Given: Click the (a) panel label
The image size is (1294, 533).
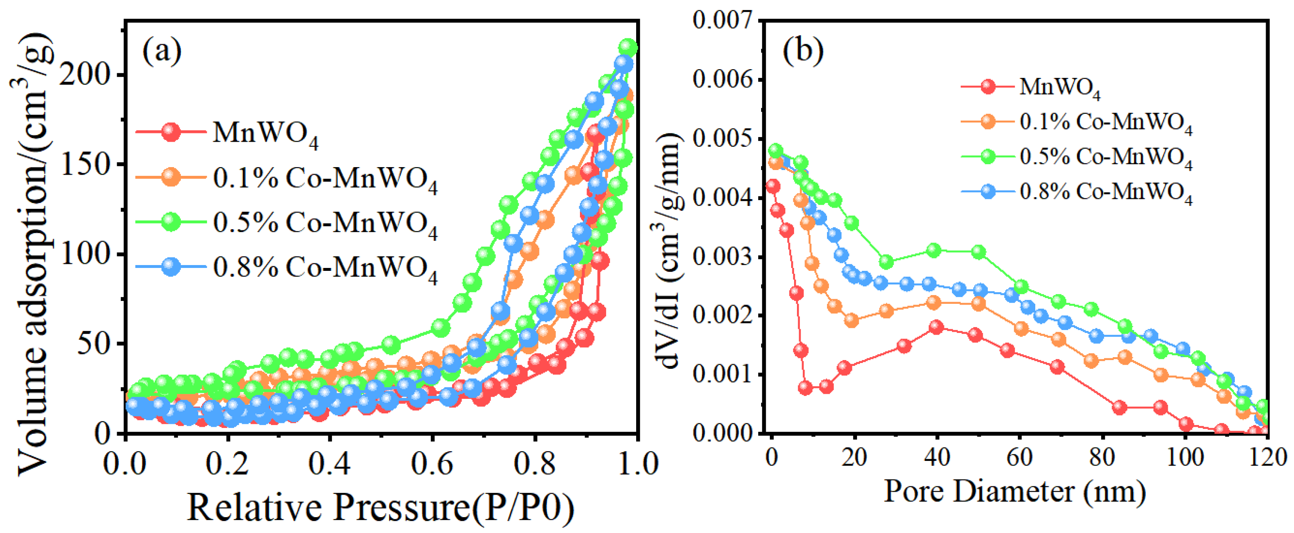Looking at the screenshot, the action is click(162, 51).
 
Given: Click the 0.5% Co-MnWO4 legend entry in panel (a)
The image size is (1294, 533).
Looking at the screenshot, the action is click(286, 223).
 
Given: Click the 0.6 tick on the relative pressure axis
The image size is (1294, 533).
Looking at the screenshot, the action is click(432, 463).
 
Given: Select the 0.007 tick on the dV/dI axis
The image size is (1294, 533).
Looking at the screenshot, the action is click(723, 21).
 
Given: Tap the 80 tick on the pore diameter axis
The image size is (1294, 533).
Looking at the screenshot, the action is click(1103, 457).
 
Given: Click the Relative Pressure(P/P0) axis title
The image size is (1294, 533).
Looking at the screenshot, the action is click(381, 508).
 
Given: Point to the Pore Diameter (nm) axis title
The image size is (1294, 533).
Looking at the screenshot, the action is click(1015, 491).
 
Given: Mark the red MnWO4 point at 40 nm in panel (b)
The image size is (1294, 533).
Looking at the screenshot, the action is click(936, 327).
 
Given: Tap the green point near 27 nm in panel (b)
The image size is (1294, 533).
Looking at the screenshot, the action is click(887, 262).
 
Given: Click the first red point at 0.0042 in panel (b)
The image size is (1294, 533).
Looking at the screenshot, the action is click(773, 186).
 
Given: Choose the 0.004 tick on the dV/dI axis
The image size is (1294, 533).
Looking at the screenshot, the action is click(723, 198).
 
